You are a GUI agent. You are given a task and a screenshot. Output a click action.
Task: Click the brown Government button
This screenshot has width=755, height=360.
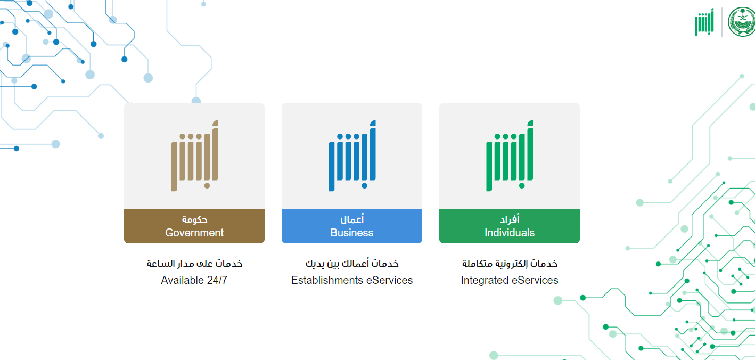tap(194, 226)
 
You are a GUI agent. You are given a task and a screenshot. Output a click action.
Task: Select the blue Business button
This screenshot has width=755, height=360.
tap(352, 226)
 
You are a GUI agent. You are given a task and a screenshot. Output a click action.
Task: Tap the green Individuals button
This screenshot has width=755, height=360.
tap(510, 226)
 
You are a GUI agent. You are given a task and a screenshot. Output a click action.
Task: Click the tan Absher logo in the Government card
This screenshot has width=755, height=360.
tap(195, 156)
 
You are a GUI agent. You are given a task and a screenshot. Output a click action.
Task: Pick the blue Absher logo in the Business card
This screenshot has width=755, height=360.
tap(352, 156)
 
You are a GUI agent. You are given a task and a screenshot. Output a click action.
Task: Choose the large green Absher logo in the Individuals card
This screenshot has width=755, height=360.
tap(510, 156)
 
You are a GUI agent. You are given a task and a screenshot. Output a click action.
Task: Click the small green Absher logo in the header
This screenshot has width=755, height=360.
tap(704, 22)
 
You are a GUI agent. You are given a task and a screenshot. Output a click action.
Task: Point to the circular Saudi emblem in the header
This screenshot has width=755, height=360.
tap(742, 22)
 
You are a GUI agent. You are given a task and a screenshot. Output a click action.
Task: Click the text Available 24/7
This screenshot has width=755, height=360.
tap(194, 280)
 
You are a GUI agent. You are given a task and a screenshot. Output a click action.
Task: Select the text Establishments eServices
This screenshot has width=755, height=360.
tap(352, 280)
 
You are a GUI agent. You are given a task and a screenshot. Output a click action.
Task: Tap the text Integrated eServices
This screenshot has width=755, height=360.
tap(510, 280)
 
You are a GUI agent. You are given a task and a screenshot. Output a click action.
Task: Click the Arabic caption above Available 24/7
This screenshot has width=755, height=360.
tap(194, 264)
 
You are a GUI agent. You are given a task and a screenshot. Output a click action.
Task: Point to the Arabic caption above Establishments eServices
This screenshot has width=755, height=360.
tap(352, 264)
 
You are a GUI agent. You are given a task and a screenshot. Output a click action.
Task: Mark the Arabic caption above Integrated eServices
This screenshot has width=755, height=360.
tap(510, 264)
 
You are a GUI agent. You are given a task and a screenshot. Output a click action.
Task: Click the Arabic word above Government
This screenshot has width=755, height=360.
tap(194, 219)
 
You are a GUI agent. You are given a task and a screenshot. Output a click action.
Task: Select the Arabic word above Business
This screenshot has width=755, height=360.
tap(352, 219)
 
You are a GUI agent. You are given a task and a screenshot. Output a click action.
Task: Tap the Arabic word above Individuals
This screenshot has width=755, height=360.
tap(510, 219)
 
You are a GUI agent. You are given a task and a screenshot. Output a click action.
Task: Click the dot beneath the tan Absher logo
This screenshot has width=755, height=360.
tap(207, 186)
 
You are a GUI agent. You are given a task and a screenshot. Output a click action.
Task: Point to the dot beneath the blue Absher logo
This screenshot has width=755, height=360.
tap(364, 186)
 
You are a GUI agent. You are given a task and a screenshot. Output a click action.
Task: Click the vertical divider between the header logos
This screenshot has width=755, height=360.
tap(721, 22)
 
